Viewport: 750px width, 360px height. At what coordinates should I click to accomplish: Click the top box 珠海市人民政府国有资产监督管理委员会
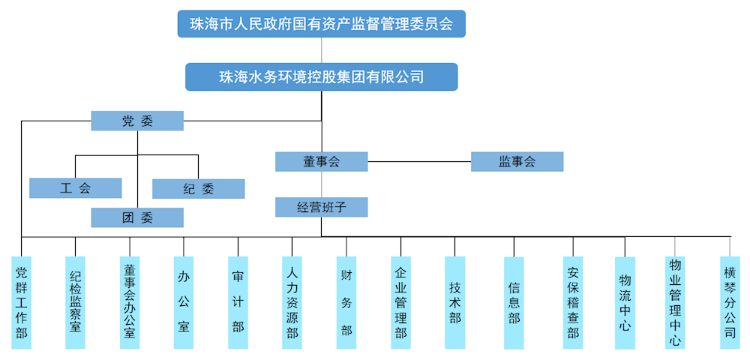coord(322,24)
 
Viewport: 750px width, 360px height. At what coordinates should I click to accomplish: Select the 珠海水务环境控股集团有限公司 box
coord(322,76)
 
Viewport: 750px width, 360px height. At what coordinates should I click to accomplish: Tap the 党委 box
coord(137,121)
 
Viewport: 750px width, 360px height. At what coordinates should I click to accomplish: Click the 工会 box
coord(76,188)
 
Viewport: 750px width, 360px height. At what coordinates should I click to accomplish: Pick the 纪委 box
coord(199,189)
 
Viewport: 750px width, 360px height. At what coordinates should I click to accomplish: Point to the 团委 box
coord(137,217)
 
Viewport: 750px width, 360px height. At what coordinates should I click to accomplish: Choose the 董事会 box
coord(322,161)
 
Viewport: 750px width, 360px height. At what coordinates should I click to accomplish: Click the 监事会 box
coord(517,161)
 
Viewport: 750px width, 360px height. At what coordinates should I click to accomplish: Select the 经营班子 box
coord(322,207)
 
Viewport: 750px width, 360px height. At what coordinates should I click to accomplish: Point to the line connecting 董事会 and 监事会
coord(419,161)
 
